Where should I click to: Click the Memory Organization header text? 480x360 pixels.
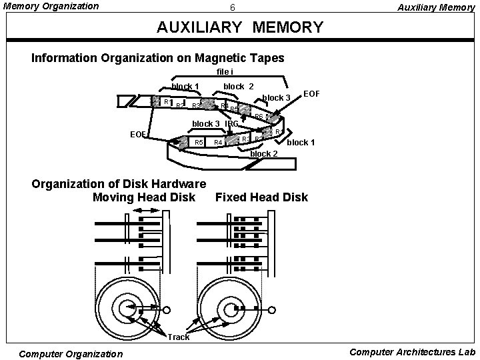click(51, 7)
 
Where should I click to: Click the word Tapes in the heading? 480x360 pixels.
click(266, 58)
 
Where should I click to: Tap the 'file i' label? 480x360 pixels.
click(224, 72)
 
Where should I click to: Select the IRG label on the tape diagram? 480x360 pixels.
click(231, 123)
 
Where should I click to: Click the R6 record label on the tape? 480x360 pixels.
click(259, 117)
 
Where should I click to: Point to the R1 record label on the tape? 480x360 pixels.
click(167, 102)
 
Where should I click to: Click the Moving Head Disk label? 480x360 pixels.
click(143, 197)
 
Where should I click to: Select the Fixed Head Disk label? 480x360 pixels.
click(262, 197)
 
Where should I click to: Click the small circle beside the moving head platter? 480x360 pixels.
click(167, 309)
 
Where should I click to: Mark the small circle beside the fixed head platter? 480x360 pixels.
click(271, 309)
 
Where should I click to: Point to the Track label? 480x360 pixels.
click(179, 337)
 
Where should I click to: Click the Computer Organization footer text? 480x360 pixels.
click(71, 353)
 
